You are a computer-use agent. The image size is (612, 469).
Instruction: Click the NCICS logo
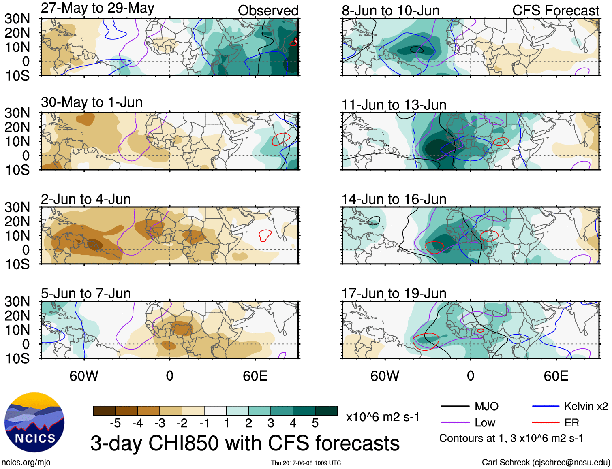point(34,422)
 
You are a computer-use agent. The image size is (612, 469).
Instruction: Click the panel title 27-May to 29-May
point(97,8)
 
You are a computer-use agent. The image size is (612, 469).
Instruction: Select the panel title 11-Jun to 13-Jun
point(394,105)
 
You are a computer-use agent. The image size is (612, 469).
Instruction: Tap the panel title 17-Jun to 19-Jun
point(394,293)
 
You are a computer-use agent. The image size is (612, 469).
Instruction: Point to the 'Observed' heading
point(268,11)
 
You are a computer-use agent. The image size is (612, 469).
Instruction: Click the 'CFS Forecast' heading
point(555,11)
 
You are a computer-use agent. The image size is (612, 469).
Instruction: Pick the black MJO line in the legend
point(455,406)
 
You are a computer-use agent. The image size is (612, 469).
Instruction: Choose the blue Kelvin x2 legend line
point(546,406)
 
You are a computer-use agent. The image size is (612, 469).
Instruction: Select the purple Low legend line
point(455,423)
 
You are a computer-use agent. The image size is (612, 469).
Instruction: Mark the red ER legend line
point(546,423)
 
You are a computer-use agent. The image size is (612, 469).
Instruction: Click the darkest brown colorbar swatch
point(104,411)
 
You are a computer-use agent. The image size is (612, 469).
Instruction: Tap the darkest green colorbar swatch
point(326,411)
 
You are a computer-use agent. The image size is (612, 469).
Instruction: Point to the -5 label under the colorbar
point(115,423)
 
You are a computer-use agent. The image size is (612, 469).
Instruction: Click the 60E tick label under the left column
point(255,376)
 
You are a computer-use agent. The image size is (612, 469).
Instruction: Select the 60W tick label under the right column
point(385,376)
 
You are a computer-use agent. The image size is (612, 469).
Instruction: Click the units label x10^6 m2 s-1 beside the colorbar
point(383,417)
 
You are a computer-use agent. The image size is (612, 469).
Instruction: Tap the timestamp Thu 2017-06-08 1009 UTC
point(306,463)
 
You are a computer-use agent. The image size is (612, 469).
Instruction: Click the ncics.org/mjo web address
point(26,463)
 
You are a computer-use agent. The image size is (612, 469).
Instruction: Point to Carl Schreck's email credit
point(546,463)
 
